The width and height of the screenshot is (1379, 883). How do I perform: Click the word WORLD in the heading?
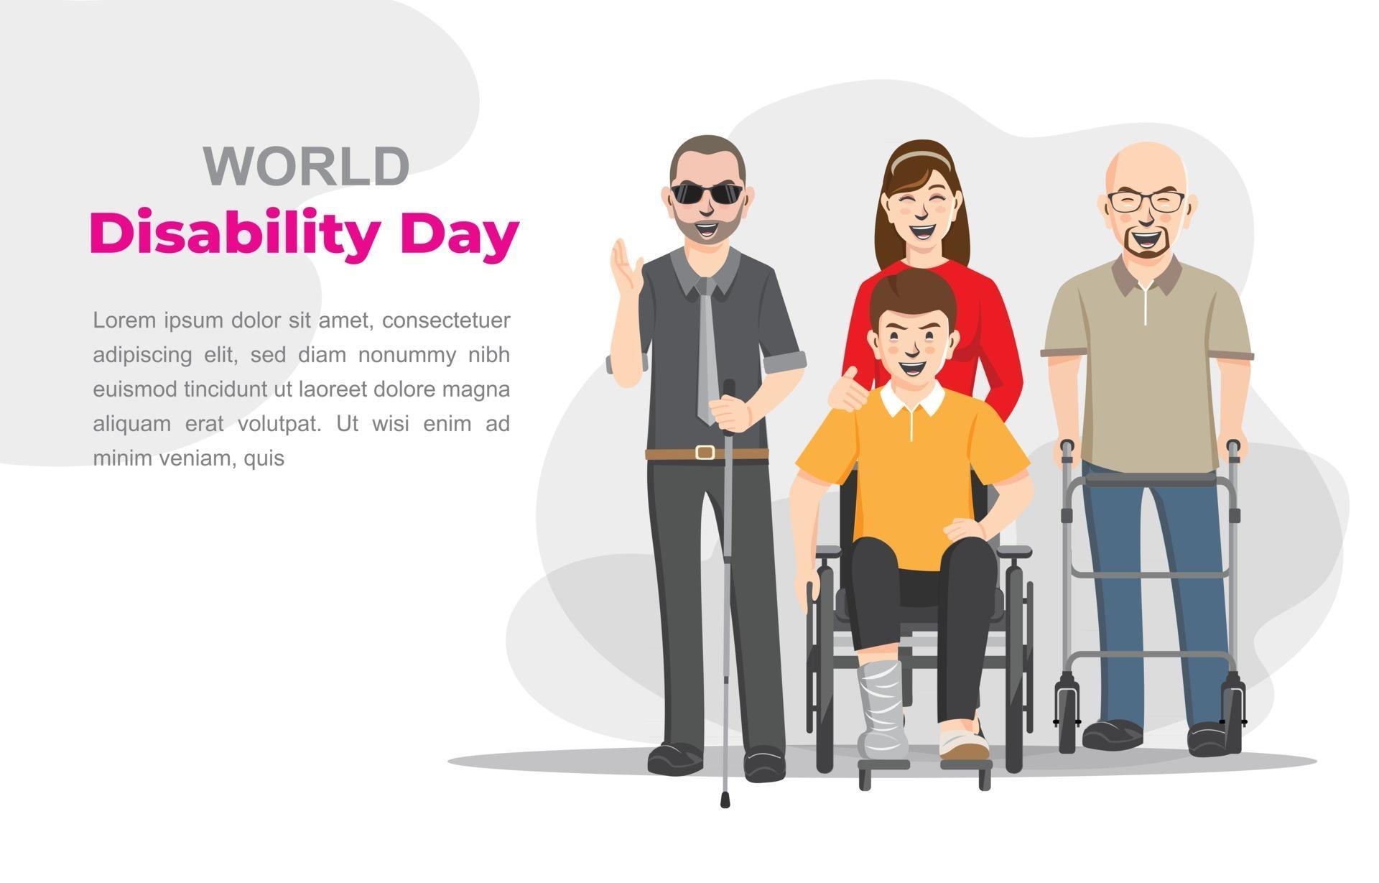click(x=307, y=167)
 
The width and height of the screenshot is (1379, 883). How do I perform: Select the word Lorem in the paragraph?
click(x=124, y=320)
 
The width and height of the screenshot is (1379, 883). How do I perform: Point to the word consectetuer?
click(x=445, y=320)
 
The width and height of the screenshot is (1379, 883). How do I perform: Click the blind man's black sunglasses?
click(x=706, y=193)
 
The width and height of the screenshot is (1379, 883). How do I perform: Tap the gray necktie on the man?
click(x=707, y=352)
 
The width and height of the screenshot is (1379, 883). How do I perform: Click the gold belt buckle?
click(x=705, y=453)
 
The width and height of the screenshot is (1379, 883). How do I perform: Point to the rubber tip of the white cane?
click(x=725, y=800)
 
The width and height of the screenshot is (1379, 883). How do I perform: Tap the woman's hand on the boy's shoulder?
click(x=847, y=392)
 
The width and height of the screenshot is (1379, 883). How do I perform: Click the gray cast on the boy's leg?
click(x=881, y=708)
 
